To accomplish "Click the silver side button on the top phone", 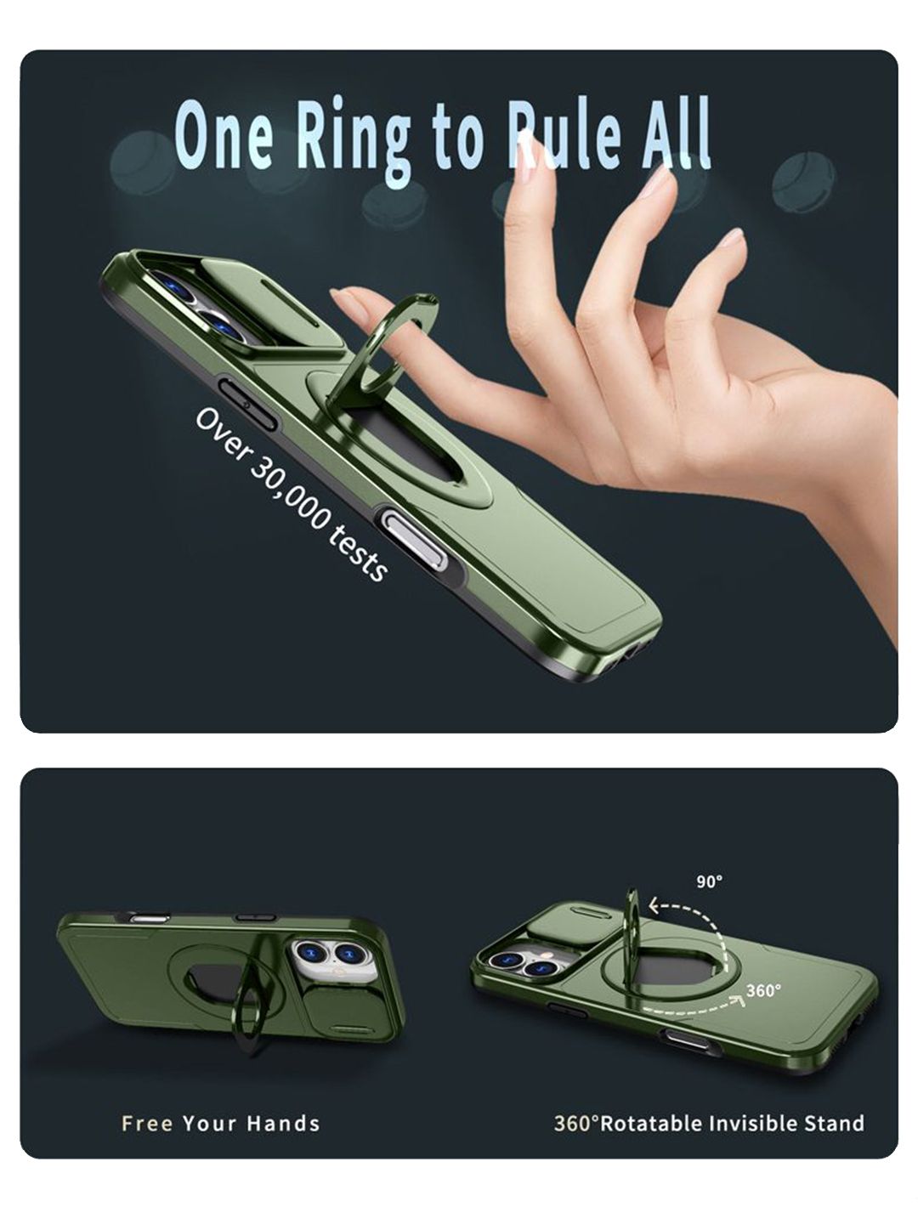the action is (x=416, y=539).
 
